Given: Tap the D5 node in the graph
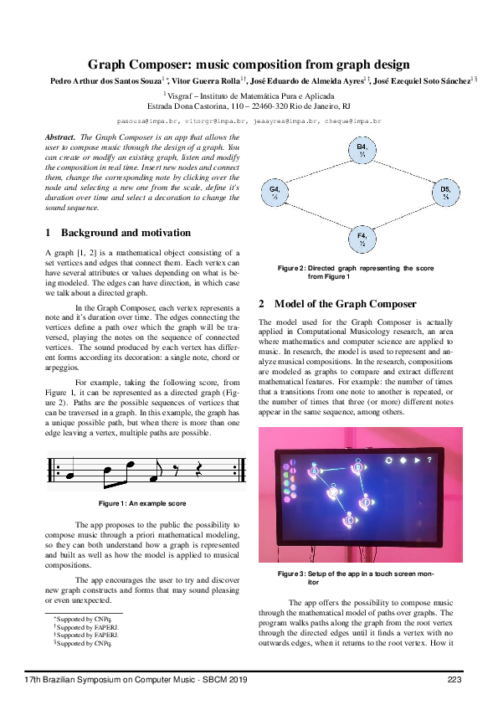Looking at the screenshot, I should pos(445,193).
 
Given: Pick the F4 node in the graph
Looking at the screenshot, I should pos(362,239).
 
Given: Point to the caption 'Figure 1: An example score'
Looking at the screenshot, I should pos(141,503).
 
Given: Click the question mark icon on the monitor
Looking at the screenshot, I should pos(429,460).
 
